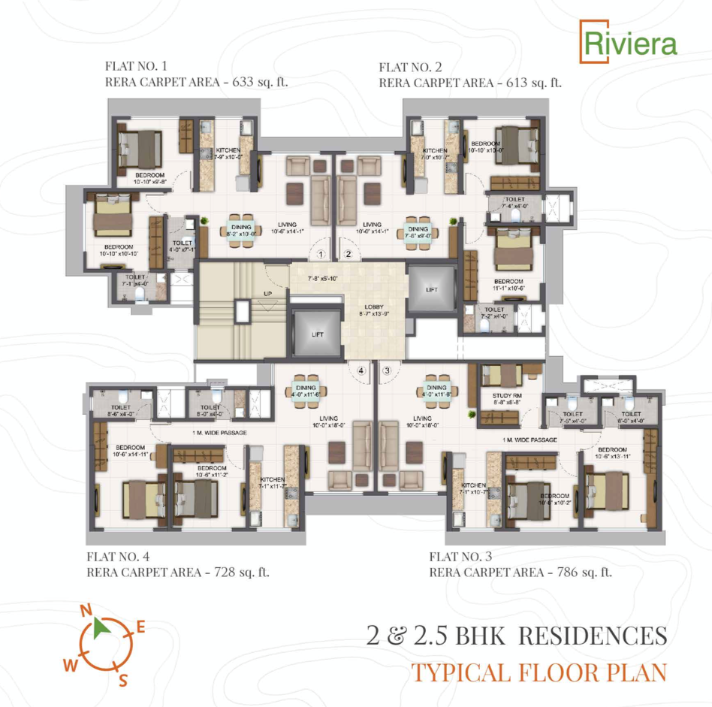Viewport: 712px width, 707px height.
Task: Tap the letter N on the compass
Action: [x=86, y=609]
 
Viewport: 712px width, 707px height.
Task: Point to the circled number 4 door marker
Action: [x=361, y=370]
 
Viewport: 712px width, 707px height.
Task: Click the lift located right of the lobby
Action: [x=431, y=289]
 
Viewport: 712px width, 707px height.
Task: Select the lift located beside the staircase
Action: [x=317, y=334]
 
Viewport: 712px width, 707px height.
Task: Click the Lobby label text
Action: [x=375, y=307]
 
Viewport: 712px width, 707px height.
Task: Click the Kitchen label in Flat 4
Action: [x=271, y=479]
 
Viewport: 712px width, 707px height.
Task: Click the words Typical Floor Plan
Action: [x=539, y=672]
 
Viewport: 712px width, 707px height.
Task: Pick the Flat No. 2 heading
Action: [x=413, y=67]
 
